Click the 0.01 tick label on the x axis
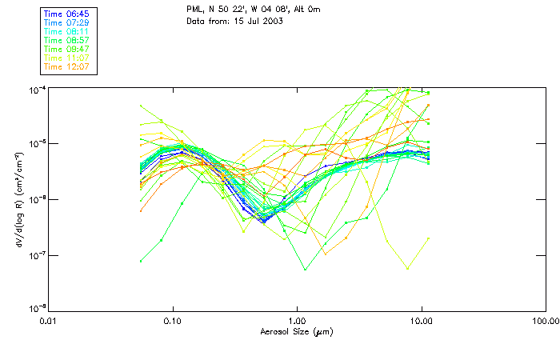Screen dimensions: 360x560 pos(50,321)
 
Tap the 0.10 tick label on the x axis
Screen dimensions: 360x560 pos(174,321)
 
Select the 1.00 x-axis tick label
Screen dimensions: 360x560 pos(298,321)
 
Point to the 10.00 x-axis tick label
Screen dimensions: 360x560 pos(421,321)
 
